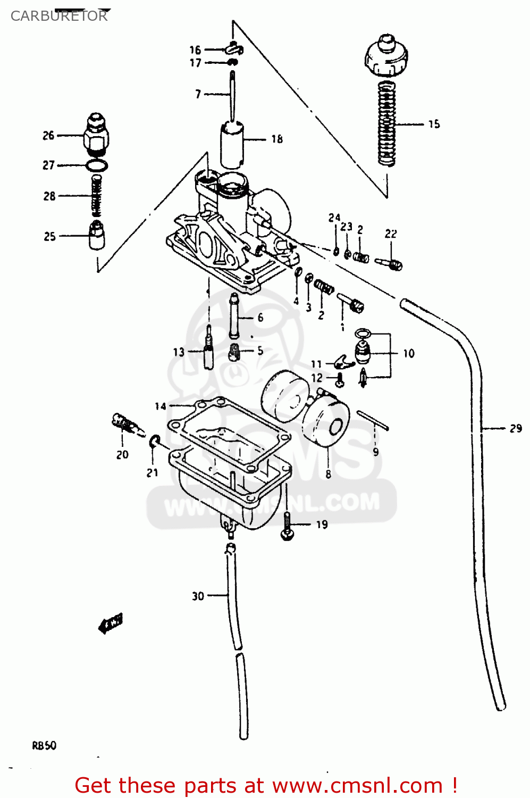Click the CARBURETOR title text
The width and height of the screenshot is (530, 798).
(x=59, y=16)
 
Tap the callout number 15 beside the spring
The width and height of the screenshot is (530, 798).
(x=434, y=124)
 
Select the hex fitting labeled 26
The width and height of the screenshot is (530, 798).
(x=96, y=136)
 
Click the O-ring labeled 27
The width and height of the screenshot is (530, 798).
(x=97, y=165)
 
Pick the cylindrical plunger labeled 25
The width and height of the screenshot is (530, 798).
(x=96, y=235)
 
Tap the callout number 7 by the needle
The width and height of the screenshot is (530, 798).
(x=198, y=94)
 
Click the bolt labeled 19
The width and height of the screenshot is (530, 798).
(x=287, y=527)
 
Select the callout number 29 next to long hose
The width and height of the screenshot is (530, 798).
(x=515, y=428)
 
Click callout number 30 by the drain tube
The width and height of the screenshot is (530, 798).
(x=198, y=596)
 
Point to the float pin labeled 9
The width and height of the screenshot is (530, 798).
(x=373, y=420)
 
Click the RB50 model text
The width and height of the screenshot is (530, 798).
(x=44, y=746)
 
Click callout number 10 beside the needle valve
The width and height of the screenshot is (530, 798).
(x=408, y=353)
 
